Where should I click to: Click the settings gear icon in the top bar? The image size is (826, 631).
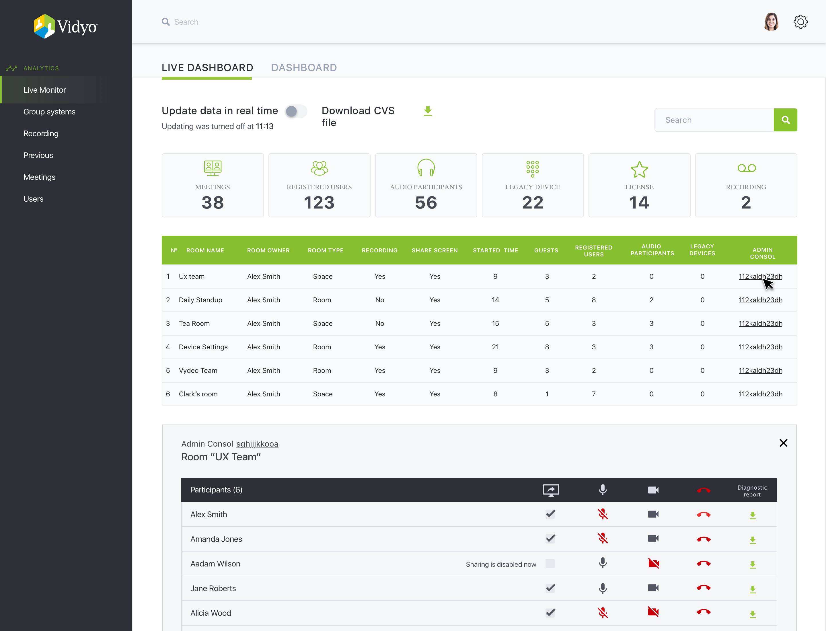800,22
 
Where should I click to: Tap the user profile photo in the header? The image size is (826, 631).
771,22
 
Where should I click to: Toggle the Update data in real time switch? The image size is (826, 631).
296,111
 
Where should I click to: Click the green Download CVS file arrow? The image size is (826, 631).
428,111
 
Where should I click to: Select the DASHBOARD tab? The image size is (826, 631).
304,68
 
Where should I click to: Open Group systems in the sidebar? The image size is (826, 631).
49,112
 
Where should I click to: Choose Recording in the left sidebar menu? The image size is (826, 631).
41,134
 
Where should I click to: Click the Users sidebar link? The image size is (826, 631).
34,199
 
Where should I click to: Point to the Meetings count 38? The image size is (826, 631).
213,203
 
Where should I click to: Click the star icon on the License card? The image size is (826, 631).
639,170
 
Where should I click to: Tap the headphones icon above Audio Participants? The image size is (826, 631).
426,168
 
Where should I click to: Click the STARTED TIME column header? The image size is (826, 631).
495,250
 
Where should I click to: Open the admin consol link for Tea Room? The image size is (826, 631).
760,324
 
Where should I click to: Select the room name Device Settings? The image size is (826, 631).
203,347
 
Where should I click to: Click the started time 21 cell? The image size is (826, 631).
495,347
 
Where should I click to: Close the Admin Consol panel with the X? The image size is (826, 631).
783,443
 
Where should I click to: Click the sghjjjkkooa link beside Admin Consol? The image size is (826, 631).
257,444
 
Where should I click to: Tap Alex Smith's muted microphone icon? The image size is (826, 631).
603,514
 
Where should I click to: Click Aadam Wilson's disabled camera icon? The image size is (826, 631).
654,563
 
